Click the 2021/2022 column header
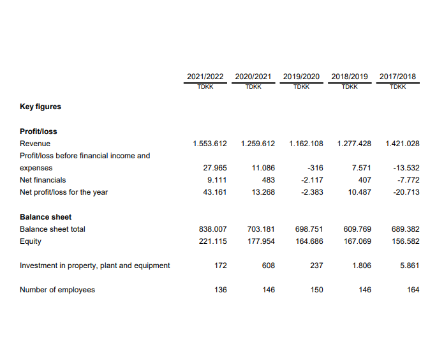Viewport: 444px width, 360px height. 205,77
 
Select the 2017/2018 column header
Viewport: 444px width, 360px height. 397,77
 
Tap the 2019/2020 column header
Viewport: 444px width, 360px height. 301,77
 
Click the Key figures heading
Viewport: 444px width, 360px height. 40,107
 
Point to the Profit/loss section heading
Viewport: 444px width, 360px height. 38,131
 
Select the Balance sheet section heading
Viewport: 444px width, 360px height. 45,217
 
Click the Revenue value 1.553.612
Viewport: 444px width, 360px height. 209,144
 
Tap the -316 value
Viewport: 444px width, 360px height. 315,168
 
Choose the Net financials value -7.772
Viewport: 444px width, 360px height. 408,180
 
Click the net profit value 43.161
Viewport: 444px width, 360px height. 215,192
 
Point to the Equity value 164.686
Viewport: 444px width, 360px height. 309,241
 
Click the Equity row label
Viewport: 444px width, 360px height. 31,241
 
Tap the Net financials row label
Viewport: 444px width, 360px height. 43,180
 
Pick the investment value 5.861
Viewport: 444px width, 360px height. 410,266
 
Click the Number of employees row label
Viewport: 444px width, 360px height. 57,290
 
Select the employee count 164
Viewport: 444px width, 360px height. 413,290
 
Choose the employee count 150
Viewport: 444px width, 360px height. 316,290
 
